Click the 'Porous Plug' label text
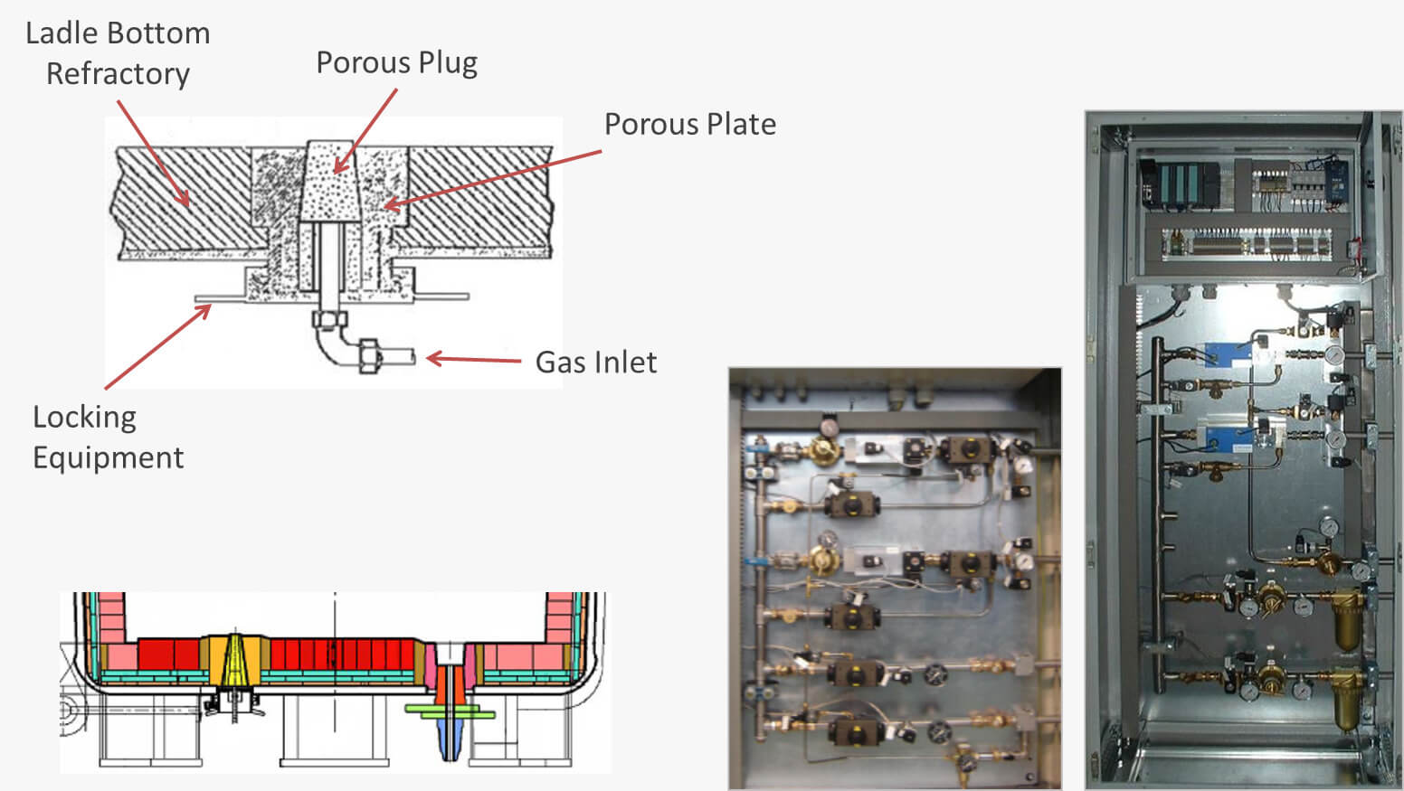[396, 63]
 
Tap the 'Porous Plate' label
[689, 124]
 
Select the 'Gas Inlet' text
[595, 362]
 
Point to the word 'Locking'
[84, 417]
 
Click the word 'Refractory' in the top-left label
[118, 73]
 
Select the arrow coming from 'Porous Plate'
[493, 179]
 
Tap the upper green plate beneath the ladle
[450, 708]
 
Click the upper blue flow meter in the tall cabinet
[1228, 355]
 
